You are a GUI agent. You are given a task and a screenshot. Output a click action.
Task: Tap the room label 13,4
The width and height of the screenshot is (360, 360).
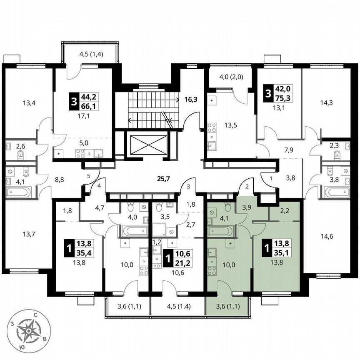[29, 103]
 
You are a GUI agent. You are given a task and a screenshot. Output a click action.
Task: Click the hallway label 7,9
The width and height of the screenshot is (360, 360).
[289, 150]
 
